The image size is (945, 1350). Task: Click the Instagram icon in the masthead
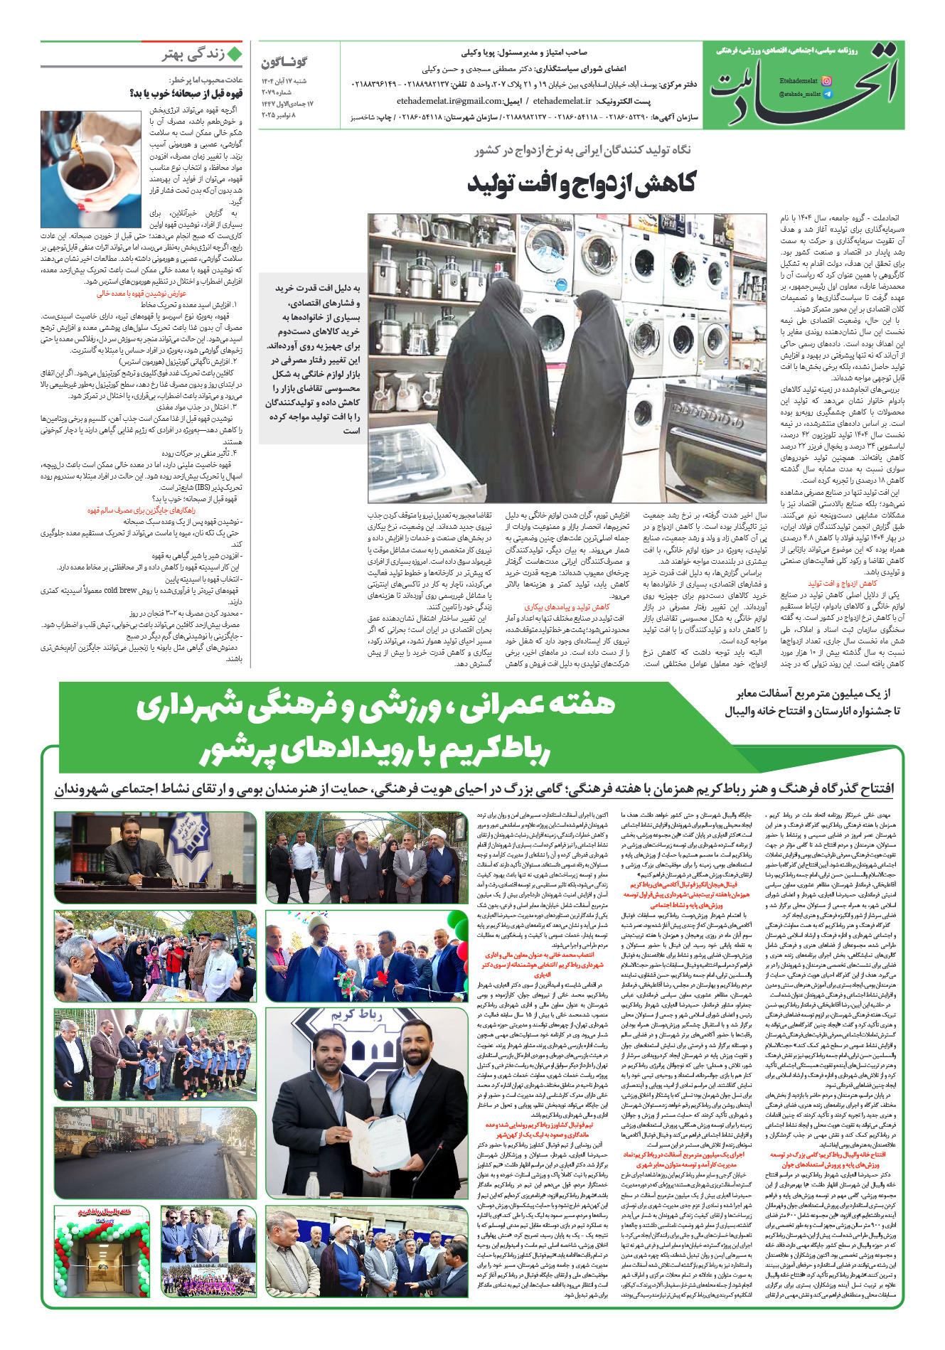(x=826, y=82)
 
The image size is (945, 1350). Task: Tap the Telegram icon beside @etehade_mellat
(x=826, y=94)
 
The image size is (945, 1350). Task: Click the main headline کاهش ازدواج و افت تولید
(x=581, y=183)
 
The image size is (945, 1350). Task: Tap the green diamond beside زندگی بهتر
(x=235, y=54)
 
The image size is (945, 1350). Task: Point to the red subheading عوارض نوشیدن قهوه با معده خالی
(x=142, y=293)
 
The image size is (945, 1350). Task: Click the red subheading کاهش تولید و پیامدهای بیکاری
(x=567, y=607)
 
